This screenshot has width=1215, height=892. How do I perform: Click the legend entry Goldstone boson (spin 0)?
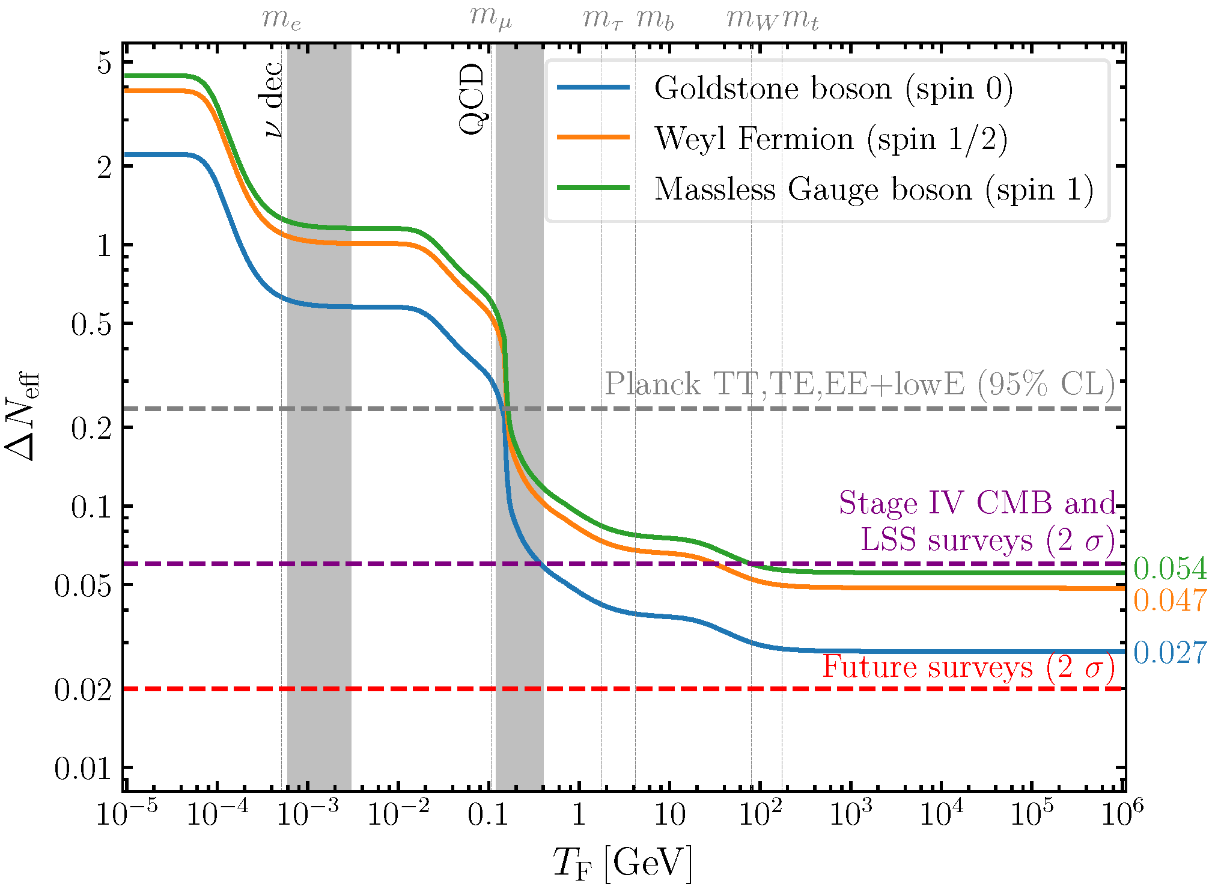tap(833, 88)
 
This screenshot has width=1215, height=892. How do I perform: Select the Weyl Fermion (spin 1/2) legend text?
tap(830, 139)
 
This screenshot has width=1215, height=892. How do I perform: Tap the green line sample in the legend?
tap(593, 188)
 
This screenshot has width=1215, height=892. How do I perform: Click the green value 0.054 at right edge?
tap(1170, 569)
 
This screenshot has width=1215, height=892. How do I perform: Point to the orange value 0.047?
tap(1170, 600)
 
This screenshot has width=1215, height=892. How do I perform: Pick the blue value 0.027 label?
tap(1170, 653)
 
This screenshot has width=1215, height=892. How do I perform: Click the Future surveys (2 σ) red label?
tap(968, 667)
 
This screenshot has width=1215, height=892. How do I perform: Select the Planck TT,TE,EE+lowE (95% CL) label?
tap(859, 383)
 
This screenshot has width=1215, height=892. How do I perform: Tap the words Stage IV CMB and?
tap(977, 503)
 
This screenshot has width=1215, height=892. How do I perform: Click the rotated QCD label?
tap(472, 99)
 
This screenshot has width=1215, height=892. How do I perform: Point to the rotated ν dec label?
tap(273, 99)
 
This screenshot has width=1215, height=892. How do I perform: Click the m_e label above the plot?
tap(281, 19)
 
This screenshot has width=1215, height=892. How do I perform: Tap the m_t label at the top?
tap(800, 19)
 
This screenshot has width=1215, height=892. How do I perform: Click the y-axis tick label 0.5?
tap(91, 325)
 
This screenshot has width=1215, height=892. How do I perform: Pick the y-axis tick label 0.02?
tap(83, 689)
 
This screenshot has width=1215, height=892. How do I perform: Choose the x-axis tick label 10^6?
tap(1121, 814)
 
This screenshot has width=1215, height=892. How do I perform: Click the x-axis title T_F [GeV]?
tap(623, 863)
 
